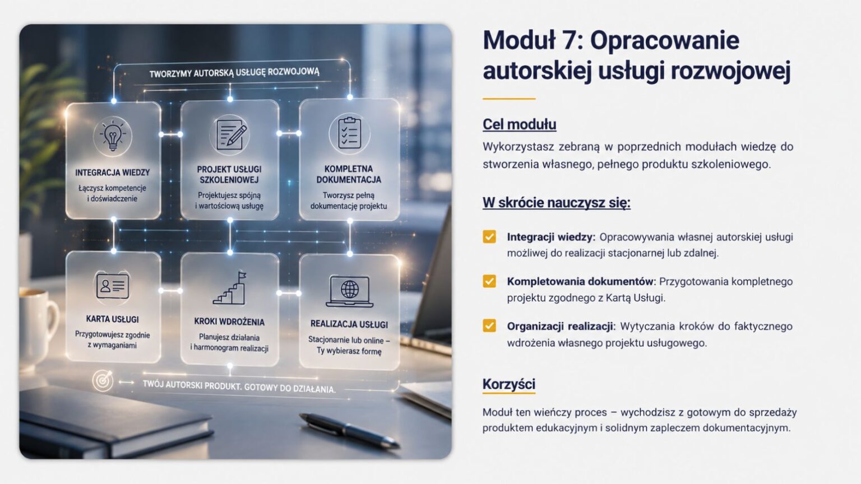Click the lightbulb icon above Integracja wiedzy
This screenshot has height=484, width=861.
(x=113, y=136)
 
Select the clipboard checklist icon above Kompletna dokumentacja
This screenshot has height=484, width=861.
(x=349, y=133)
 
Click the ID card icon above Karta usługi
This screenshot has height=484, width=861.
(x=113, y=286)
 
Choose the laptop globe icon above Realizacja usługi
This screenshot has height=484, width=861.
(x=349, y=291)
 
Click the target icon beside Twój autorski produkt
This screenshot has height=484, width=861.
(x=103, y=381)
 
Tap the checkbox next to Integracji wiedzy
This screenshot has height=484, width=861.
(x=489, y=236)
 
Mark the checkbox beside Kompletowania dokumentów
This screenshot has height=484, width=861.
(x=489, y=281)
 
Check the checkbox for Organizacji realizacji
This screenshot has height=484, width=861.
(x=489, y=325)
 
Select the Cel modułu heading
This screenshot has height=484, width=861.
(x=519, y=124)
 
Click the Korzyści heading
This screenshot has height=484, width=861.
(x=509, y=384)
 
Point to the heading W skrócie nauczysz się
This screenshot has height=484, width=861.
(x=557, y=202)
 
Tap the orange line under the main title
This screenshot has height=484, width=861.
(x=509, y=99)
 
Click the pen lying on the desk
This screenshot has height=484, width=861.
(x=349, y=430)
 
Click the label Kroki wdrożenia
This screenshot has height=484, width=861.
(x=229, y=322)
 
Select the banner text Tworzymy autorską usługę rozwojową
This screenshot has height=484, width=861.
(x=234, y=72)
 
